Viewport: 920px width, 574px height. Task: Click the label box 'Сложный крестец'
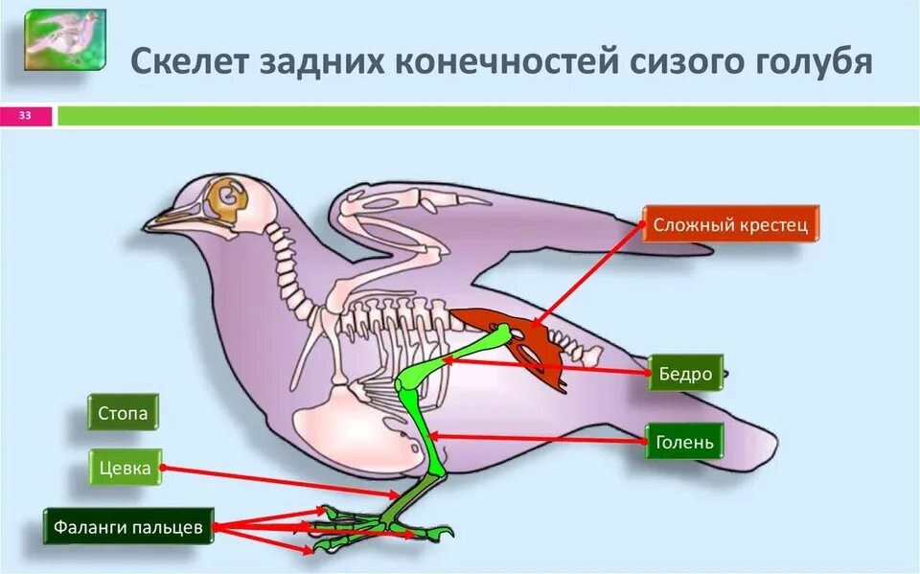pos(730,225)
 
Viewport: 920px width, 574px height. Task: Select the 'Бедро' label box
pos(686,373)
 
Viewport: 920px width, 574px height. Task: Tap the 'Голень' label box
pos(684,442)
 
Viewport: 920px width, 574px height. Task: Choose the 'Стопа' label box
pos(123,414)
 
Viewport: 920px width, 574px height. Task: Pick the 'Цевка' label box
pos(125,468)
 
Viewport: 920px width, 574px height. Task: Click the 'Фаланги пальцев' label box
pos(128,527)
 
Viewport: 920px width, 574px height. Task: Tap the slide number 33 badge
pos(26,116)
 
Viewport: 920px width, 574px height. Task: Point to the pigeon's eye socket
pos(230,195)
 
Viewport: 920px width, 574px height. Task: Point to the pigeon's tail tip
pos(767,447)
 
